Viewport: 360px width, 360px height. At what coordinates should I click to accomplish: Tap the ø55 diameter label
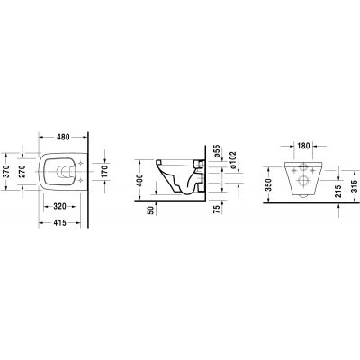219,150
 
